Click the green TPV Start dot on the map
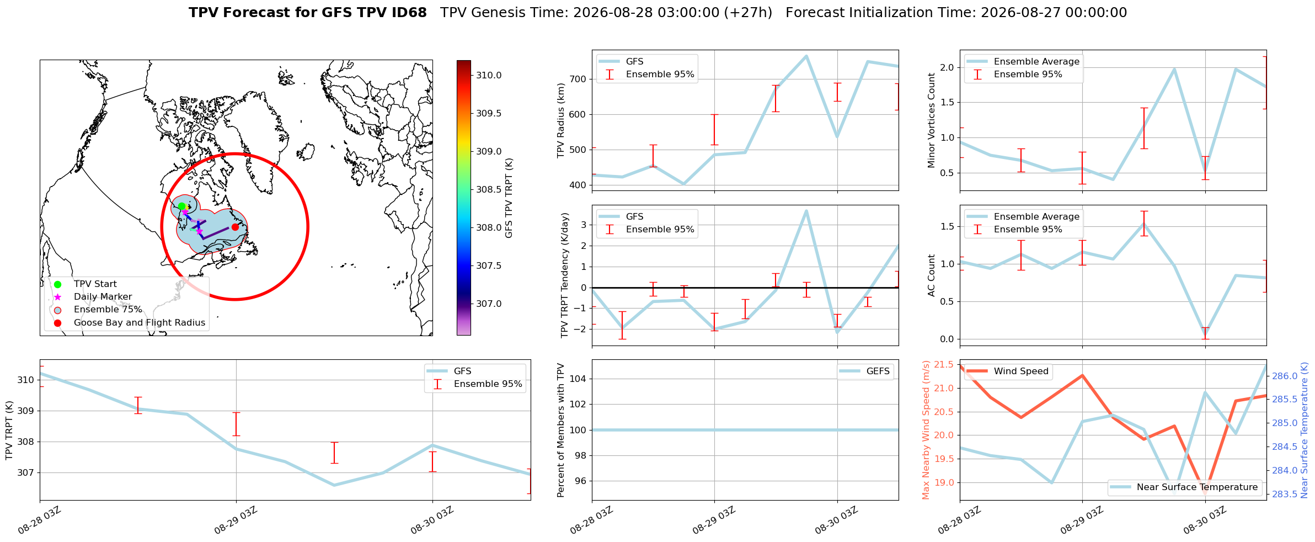coord(181,206)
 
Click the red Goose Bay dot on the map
coord(235,227)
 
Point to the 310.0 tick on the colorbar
coord(489,75)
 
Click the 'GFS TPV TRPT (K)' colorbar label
coord(509,198)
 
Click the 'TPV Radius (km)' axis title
coord(562,120)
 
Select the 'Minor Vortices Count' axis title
coord(932,120)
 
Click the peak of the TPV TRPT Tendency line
coord(806,210)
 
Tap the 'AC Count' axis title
coord(932,275)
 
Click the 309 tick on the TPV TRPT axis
coord(26,411)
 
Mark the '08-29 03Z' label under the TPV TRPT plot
coord(236,520)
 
